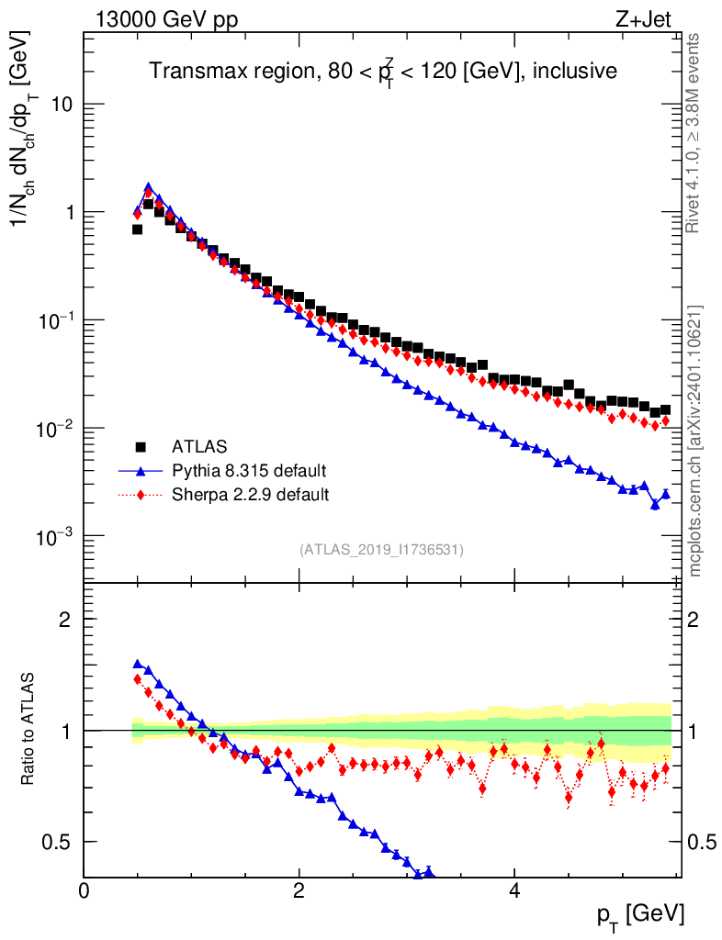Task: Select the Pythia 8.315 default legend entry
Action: pos(249,471)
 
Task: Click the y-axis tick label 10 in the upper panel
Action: pos(62,105)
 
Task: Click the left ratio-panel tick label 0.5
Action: pos(58,842)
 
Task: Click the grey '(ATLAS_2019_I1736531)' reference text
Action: pos(381,550)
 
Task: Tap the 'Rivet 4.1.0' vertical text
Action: pos(694,133)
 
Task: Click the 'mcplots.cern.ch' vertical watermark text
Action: pos(695,441)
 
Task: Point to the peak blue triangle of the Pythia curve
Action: pos(148,187)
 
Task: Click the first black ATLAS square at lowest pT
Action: pos(137,229)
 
